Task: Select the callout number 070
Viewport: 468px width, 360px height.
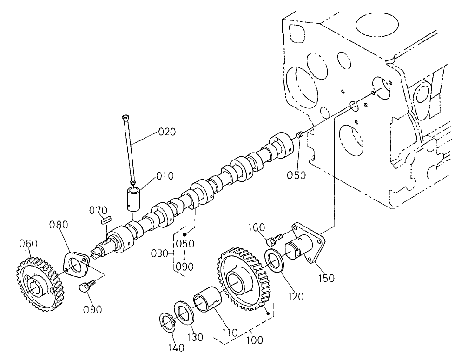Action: pos(99,210)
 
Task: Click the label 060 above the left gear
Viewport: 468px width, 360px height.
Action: pos(28,244)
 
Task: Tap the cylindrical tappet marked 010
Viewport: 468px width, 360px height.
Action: pos(133,199)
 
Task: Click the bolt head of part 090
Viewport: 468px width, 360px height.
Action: pos(85,288)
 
